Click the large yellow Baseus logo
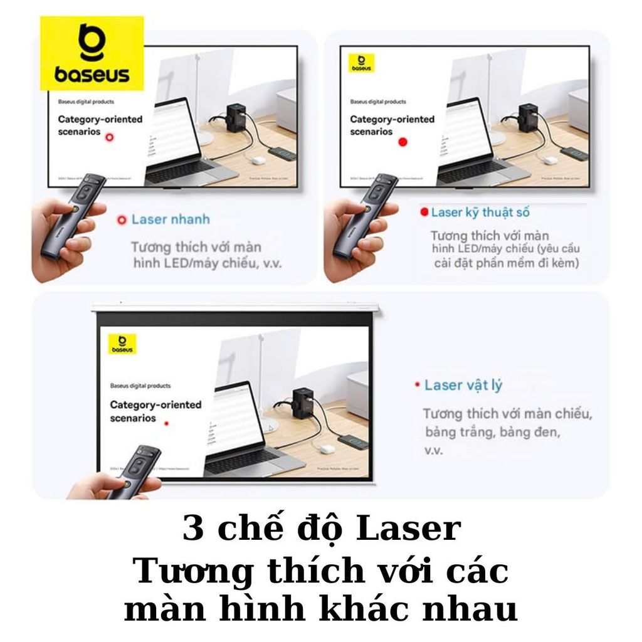92,54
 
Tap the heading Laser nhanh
170,219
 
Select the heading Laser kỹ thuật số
480,213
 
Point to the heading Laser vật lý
463,385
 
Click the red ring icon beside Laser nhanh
122,220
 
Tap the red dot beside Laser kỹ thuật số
424,213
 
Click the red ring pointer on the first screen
110,137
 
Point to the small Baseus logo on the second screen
361,63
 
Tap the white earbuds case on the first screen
257,159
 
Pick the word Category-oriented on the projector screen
155,404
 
